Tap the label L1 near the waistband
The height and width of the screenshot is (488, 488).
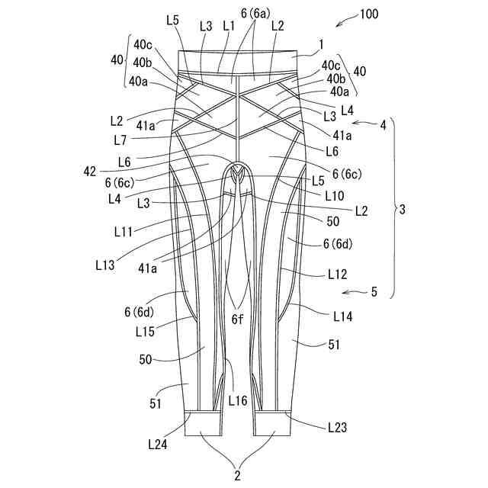coord(229,25)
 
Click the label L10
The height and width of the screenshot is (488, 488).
coord(333,196)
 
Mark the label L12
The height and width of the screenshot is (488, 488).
coord(339,272)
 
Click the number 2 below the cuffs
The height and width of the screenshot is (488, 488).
coord(238,476)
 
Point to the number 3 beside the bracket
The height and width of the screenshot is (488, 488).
coord(402,207)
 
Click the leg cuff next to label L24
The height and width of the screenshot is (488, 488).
coord(203,424)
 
